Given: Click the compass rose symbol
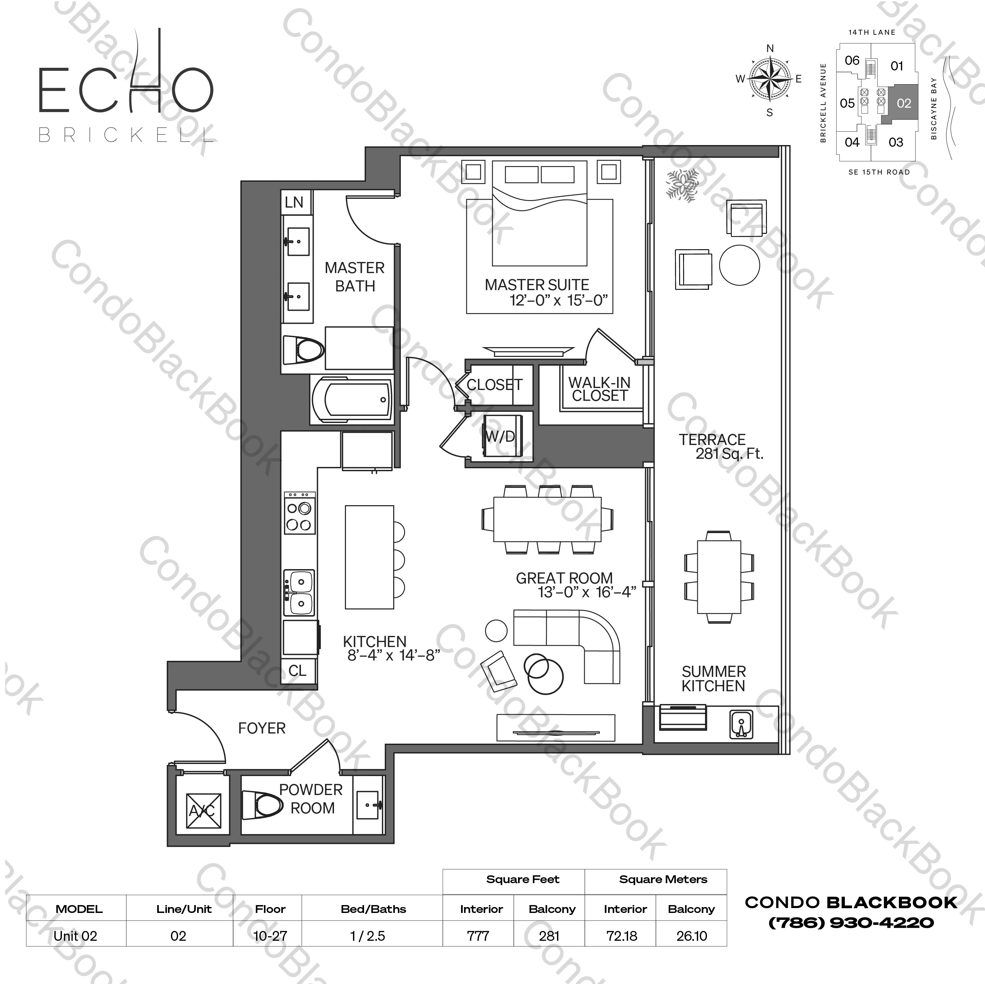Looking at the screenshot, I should (769, 79).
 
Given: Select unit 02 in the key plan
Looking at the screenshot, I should (903, 103).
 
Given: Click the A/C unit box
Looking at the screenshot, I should (203, 811).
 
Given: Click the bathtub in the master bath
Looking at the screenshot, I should (352, 400).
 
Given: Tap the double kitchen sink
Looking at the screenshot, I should (299, 592).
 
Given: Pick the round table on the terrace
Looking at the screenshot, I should (739, 265).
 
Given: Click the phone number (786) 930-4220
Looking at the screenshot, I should (851, 922).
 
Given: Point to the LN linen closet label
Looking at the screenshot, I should (294, 202).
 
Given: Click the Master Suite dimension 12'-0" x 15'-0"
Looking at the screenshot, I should (559, 300).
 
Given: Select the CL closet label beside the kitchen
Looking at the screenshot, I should (297, 670).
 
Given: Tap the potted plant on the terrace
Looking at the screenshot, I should (682, 185).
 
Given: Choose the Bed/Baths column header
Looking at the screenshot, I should (373, 909).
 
